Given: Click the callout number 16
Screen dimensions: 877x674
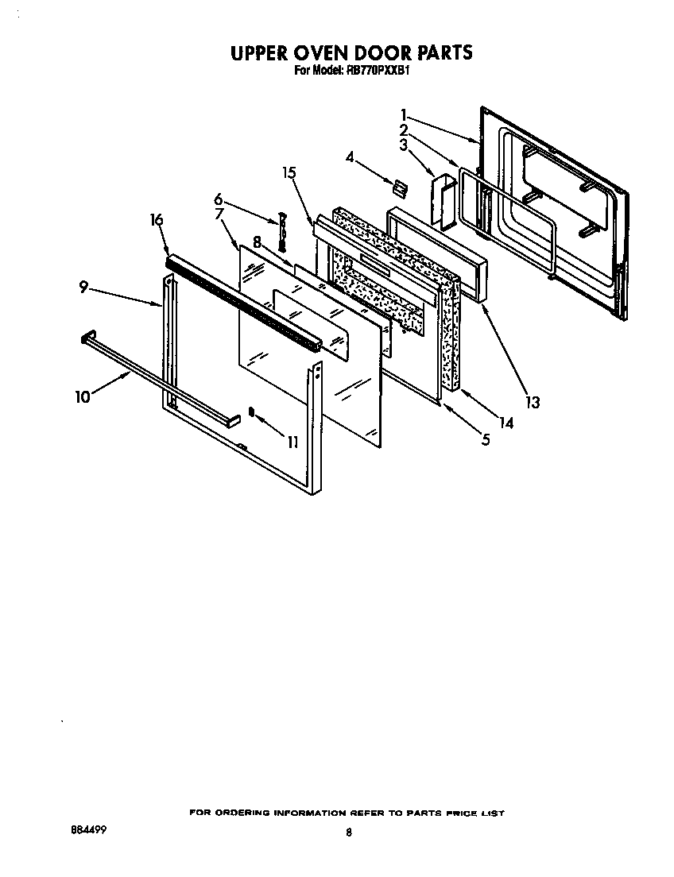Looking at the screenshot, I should (x=157, y=220).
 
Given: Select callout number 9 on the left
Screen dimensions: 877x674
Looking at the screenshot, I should (x=83, y=289).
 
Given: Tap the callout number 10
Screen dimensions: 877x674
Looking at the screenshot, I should (x=83, y=396).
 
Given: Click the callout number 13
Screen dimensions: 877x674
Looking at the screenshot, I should (x=532, y=403).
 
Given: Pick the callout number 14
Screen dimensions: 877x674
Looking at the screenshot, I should (x=506, y=423).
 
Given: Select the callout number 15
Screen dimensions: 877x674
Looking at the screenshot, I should (x=289, y=173).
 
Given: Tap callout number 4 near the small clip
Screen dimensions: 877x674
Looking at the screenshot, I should (x=350, y=158).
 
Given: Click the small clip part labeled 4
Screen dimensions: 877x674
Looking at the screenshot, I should (x=398, y=187).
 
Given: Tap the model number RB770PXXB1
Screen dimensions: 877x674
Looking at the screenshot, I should (x=373, y=70).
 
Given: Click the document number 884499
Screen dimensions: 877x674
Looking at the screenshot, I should (x=88, y=829).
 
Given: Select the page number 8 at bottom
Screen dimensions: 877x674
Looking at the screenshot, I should (x=348, y=833).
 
